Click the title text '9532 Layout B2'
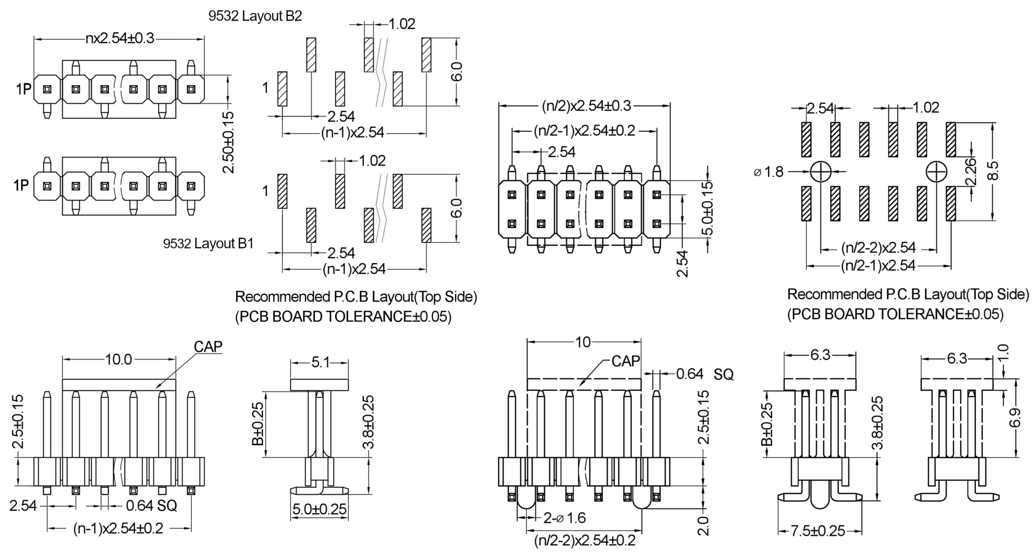tap(255, 16)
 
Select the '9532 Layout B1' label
tap(208, 244)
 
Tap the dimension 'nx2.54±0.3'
tap(120, 38)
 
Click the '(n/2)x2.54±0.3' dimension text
tap(586, 106)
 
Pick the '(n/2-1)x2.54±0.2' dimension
tap(584, 130)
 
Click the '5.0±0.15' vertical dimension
tap(708, 208)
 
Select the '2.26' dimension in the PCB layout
tap(971, 171)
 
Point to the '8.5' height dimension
tap(993, 171)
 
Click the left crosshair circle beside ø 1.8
tap(820, 172)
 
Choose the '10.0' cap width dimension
tap(118, 360)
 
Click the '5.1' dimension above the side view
tap(320, 362)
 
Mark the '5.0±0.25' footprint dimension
tap(319, 510)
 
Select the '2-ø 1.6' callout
tap(564, 518)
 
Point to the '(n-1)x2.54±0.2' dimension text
tap(118, 528)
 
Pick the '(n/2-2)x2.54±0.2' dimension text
tap(584, 540)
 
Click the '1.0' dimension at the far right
tap(1003, 354)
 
